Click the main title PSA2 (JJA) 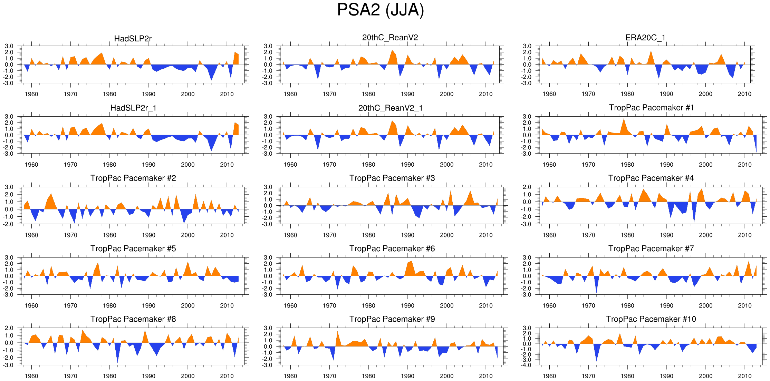(380, 10)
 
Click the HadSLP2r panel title (133, 39)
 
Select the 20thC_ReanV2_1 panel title (390, 108)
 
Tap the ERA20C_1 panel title (645, 38)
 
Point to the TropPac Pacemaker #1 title (651, 108)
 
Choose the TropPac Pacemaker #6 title (392, 248)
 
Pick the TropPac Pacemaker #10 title (651, 319)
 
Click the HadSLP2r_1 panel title (133, 108)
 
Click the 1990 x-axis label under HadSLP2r (148, 94)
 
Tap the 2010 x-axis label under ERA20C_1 (744, 94)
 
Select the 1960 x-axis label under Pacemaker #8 (31, 376)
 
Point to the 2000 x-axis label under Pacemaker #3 (446, 235)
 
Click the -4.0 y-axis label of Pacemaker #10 (527, 365)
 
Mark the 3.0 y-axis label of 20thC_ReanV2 (268, 46)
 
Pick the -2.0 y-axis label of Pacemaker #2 (9, 224)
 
